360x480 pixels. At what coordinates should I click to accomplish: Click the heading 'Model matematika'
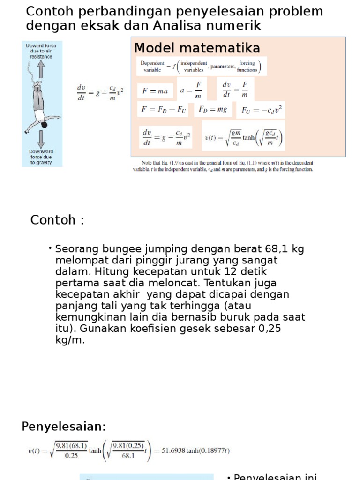point(197,48)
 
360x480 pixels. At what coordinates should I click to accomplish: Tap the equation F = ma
point(155,91)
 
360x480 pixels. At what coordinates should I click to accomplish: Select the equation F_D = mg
point(213,110)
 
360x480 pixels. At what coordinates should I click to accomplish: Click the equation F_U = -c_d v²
point(263,110)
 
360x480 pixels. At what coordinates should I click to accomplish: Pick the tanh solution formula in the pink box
point(243,137)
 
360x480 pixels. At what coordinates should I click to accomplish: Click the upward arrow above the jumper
point(41,70)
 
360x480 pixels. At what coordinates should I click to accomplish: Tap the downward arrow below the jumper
point(41,139)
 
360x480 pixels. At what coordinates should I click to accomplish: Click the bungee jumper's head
point(44,125)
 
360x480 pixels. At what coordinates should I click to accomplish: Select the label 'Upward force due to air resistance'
point(41,51)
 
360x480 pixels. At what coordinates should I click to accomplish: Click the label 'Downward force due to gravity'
point(41,157)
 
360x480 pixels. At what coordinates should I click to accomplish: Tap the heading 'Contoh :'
point(57,220)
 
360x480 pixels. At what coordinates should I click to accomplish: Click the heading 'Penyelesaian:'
point(64,427)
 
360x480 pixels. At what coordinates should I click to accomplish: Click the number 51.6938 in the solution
point(174,451)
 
